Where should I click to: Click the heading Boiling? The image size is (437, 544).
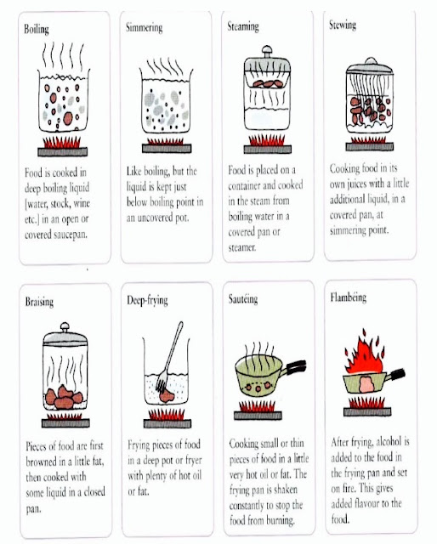[37, 29]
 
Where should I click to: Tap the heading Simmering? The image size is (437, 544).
[144, 28]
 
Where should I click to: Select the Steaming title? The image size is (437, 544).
[243, 26]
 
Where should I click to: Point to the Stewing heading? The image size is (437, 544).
[343, 25]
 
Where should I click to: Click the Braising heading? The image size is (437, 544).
[39, 302]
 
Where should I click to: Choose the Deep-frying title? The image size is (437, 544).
[147, 300]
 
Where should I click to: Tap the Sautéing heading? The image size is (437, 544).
[243, 298]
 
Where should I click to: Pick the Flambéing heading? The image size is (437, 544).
[348, 297]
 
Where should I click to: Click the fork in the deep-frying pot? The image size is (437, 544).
[170, 356]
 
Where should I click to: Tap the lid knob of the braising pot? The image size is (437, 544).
[65, 326]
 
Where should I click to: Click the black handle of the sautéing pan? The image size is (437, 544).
[296, 366]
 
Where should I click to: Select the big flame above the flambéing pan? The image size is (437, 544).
[364, 354]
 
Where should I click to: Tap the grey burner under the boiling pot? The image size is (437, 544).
[62, 151]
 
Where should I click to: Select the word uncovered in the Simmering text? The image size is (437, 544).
[155, 218]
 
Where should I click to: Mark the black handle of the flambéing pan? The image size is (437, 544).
[396, 374]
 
